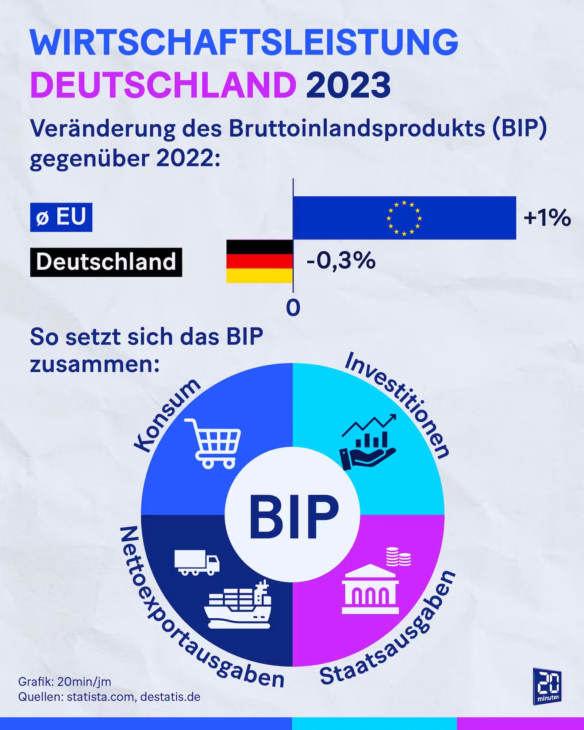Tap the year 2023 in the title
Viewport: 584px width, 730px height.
click(x=348, y=85)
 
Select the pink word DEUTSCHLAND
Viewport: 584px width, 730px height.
click(x=163, y=85)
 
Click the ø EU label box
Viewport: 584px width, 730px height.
click(x=61, y=217)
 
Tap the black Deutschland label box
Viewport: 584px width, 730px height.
click(x=106, y=262)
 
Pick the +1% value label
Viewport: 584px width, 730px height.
click(x=547, y=218)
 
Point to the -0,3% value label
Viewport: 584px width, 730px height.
click(x=341, y=261)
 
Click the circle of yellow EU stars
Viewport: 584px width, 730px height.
click(x=404, y=218)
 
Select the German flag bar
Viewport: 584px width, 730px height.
click(x=260, y=261)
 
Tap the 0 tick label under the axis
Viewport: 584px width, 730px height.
click(x=293, y=308)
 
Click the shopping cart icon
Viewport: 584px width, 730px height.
click(x=213, y=443)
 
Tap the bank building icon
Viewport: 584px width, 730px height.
click(x=370, y=590)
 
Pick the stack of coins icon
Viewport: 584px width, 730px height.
click(x=398, y=557)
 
